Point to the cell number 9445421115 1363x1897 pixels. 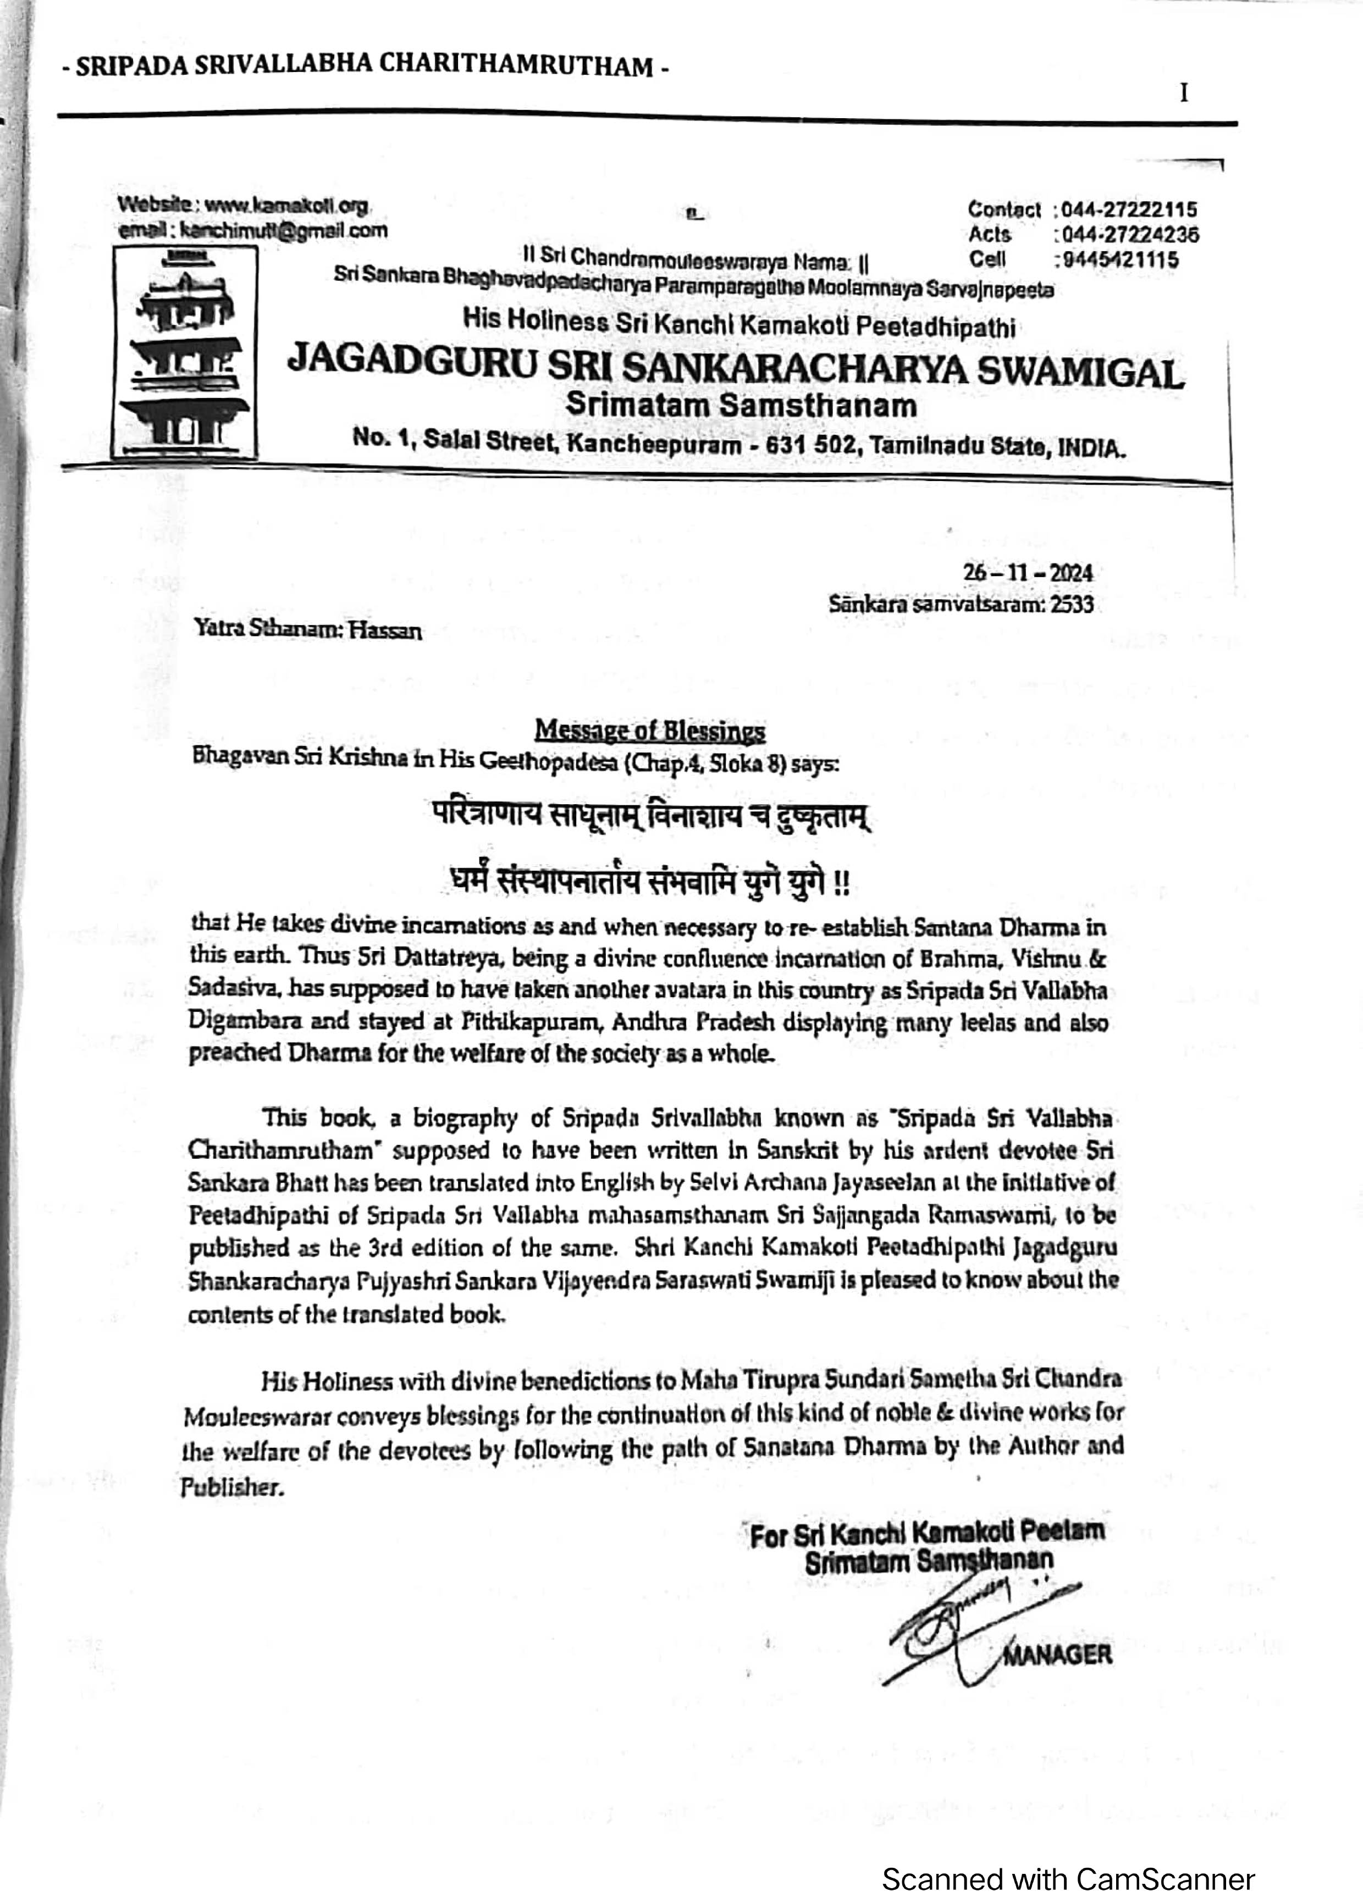tap(1121, 260)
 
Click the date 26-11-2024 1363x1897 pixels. tap(1028, 573)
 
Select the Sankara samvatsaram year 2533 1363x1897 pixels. tap(1071, 604)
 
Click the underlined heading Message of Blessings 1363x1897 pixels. tap(649, 731)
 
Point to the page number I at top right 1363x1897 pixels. tap(1184, 93)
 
